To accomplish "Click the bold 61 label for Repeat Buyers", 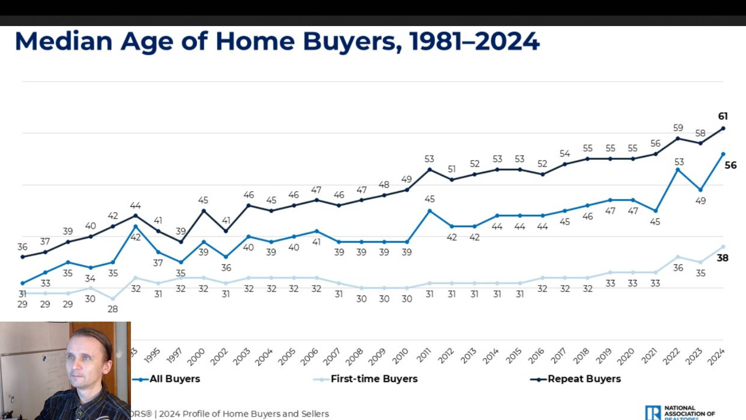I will pyautogui.click(x=723, y=116).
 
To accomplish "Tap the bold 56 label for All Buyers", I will pyautogui.click(x=730, y=165).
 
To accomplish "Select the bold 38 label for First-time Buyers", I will pyautogui.click(x=722, y=258).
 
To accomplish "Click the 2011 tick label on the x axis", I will pyautogui.click(x=424, y=355).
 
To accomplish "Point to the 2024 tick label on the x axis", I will pyautogui.click(x=716, y=357).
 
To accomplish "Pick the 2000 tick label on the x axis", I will pyautogui.click(x=196, y=357).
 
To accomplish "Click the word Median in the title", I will pyautogui.click(x=64, y=41).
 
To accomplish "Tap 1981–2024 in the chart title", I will pyautogui.click(x=474, y=41).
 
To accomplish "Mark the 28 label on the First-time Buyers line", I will pyautogui.click(x=113, y=309).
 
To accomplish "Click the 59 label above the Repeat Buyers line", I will pyautogui.click(x=678, y=128).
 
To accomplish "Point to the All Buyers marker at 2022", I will pyautogui.click(x=678, y=170).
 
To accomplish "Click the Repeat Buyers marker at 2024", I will pyautogui.click(x=723, y=128).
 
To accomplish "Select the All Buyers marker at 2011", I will pyautogui.click(x=429, y=211).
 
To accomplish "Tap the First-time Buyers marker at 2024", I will pyautogui.click(x=723, y=247).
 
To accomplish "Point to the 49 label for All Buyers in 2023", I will pyautogui.click(x=701, y=201).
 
